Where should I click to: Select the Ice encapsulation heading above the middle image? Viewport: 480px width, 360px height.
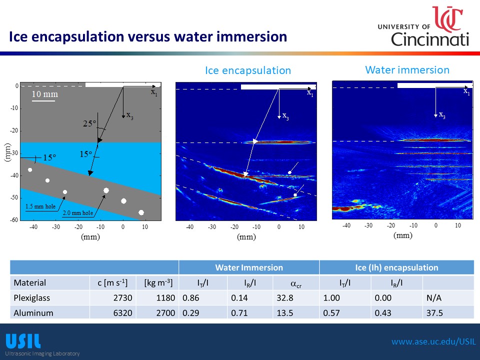[247, 70]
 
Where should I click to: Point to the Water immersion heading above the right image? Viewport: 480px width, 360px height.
[407, 69]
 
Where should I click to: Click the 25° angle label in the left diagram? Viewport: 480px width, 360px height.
[89, 124]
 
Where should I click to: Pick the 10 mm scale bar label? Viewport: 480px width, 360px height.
[45, 94]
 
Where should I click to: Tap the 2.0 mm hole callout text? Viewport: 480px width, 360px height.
[77, 213]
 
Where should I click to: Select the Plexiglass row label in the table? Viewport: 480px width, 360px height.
[32, 298]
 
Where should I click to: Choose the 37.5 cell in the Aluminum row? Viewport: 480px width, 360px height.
[434, 313]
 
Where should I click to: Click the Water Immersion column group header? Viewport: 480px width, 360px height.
[249, 267]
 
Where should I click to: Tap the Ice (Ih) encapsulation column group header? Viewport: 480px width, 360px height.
[396, 267]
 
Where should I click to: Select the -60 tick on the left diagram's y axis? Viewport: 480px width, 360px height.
[14, 220]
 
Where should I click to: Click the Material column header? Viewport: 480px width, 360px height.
[30, 282]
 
